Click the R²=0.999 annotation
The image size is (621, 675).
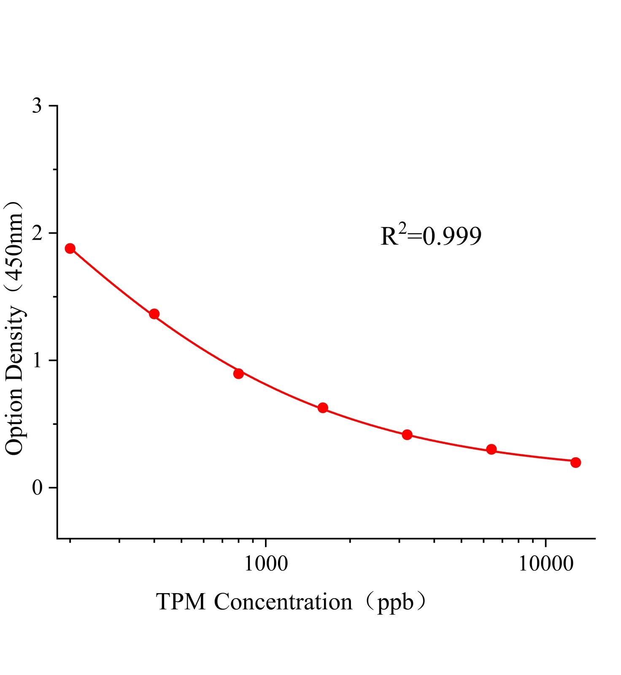(431, 236)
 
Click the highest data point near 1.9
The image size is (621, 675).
(70, 248)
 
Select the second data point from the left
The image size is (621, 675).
(154, 314)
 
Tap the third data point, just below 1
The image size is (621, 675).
(238, 373)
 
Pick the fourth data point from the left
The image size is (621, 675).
(323, 408)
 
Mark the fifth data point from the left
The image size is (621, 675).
(407, 435)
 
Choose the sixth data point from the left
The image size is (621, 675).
(491, 449)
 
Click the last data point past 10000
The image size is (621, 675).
(575, 462)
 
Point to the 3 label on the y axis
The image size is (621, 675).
(37, 106)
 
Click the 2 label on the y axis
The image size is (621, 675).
(37, 233)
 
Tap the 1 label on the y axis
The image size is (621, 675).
(37, 360)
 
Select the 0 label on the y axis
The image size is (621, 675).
(37, 488)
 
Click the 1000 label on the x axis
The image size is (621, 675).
(265, 564)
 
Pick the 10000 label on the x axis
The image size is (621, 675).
(546, 564)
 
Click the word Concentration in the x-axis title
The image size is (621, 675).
(283, 602)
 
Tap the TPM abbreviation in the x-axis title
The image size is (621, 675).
(181, 602)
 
